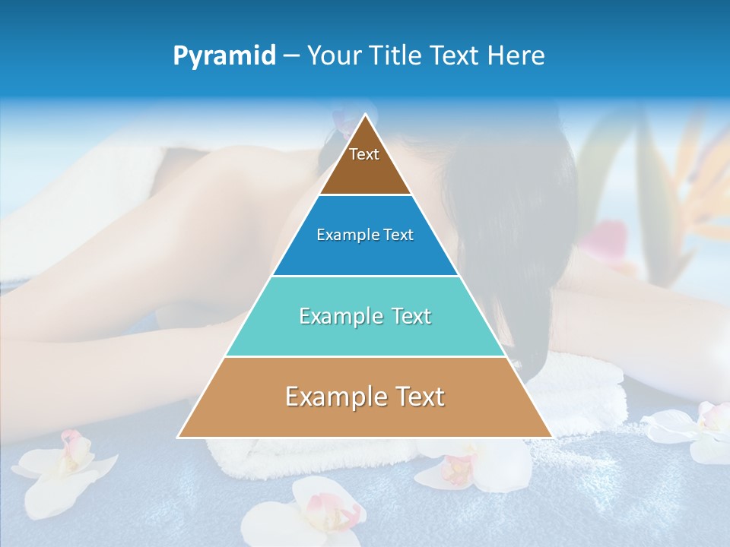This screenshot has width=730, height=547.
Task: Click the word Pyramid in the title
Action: [x=224, y=56]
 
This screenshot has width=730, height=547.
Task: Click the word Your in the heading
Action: [x=335, y=55]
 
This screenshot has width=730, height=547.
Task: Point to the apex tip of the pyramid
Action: [x=365, y=115]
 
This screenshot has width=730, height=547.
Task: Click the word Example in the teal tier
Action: [x=338, y=316]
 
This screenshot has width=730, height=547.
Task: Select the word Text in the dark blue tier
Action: [x=398, y=235]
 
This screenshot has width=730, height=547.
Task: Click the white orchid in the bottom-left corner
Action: [x=65, y=466]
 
